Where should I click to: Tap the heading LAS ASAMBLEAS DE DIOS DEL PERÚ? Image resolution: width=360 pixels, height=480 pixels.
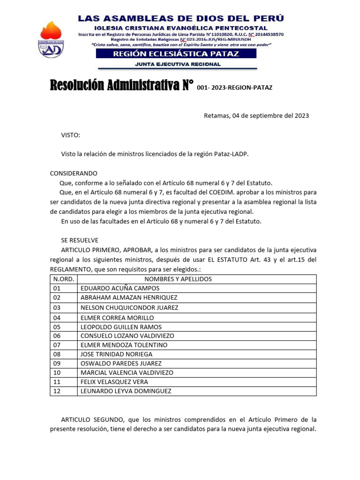pos(180,19)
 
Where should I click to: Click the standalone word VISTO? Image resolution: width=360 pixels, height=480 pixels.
pos(70,135)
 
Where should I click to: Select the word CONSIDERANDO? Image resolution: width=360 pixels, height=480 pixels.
pos(74,173)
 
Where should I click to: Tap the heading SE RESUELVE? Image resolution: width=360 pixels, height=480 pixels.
pos(80,240)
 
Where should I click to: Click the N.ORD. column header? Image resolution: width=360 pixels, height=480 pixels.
pos(63,279)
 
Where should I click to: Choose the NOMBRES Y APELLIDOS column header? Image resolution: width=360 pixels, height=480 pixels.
pos(178,279)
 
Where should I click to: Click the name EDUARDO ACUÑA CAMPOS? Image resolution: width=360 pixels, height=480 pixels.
pos(120,288)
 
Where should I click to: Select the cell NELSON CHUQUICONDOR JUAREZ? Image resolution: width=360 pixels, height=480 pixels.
pos(129,307)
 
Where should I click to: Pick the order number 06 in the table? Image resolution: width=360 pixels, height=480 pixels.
pos(57,336)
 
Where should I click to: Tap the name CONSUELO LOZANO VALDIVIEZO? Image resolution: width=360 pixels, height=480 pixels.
pos(127,336)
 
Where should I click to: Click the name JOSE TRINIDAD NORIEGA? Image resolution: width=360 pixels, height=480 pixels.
pos(116,354)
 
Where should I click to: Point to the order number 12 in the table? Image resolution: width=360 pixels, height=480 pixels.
pos(57,391)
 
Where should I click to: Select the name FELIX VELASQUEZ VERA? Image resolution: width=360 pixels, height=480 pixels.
pos(114,382)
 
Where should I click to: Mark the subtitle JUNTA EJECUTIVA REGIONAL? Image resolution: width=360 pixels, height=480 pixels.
pos(178,64)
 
